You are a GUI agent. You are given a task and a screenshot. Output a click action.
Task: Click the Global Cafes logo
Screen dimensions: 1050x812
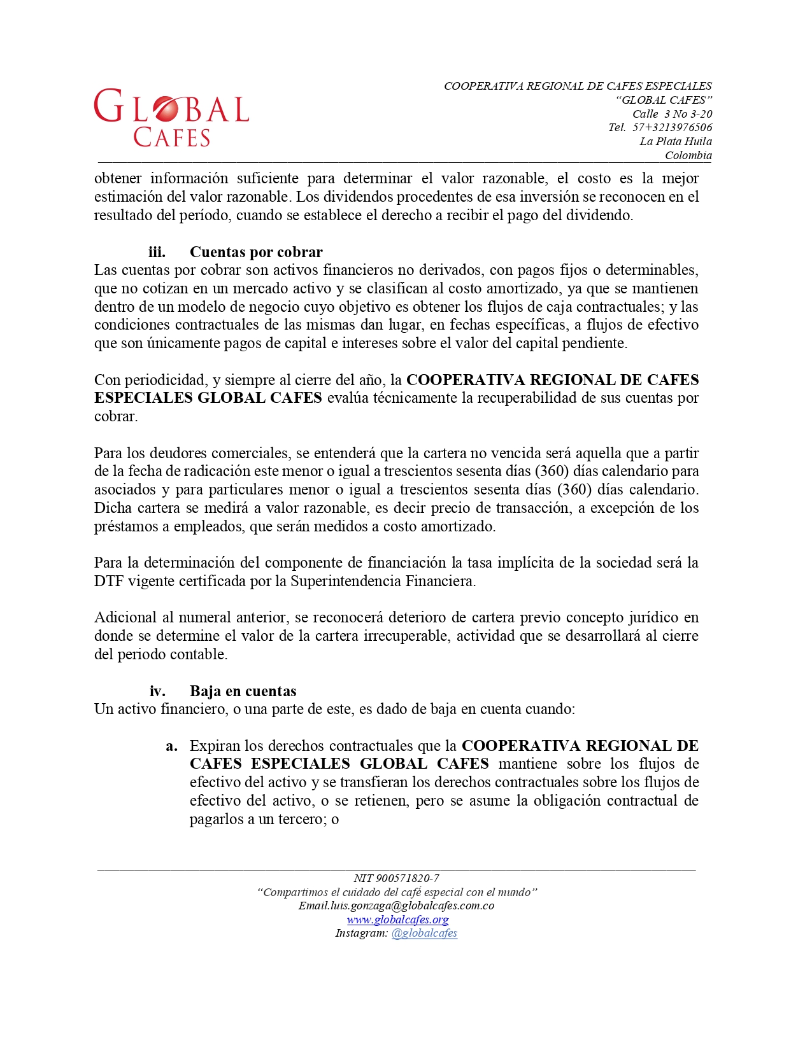(171, 118)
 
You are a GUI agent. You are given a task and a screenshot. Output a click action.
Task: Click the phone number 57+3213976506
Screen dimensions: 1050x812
(672, 127)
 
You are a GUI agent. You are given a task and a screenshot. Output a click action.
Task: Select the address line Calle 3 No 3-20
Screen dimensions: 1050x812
(672, 114)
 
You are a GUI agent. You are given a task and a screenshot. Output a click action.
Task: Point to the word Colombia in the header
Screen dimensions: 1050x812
(688, 155)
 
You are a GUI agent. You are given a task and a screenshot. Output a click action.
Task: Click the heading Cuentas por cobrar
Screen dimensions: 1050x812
(256, 252)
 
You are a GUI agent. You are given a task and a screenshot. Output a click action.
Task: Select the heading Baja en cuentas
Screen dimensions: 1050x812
(243, 691)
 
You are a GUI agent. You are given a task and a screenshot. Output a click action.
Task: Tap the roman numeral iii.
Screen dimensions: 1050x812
(157, 252)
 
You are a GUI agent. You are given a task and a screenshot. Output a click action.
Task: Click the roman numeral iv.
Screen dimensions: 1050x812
(157, 691)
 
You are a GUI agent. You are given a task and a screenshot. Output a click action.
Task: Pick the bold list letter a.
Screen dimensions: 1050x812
(171, 746)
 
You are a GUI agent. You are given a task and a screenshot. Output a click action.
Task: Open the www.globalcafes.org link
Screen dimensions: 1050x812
(397, 920)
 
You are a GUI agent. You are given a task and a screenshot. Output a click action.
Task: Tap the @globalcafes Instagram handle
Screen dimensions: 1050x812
(424, 933)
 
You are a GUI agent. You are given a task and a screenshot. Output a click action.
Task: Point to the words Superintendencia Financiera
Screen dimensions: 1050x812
(382, 581)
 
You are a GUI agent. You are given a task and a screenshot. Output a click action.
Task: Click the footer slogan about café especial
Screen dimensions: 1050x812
(397, 892)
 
